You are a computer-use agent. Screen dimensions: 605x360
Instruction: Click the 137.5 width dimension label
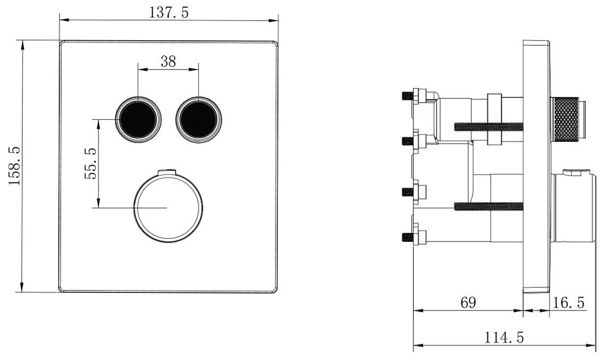[169, 12]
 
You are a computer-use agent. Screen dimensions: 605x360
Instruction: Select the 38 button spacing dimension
[168, 61]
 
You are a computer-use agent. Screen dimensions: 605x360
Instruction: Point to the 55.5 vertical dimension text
[91, 163]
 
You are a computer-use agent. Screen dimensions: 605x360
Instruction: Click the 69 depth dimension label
[468, 302]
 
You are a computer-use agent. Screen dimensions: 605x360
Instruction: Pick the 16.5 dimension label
[569, 302]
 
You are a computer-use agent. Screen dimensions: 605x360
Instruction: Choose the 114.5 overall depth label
[504, 338]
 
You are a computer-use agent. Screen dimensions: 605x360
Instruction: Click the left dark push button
[138, 119]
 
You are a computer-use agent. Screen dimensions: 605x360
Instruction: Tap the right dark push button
[198, 119]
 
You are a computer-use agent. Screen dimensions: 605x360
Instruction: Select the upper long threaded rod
[488, 126]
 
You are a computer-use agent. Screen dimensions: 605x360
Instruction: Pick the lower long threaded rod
[488, 207]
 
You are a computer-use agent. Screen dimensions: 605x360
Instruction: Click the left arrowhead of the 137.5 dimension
[64, 20]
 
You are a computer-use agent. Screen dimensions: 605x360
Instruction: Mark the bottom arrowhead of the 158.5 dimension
[22, 287]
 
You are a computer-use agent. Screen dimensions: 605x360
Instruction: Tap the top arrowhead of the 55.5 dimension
[99, 124]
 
